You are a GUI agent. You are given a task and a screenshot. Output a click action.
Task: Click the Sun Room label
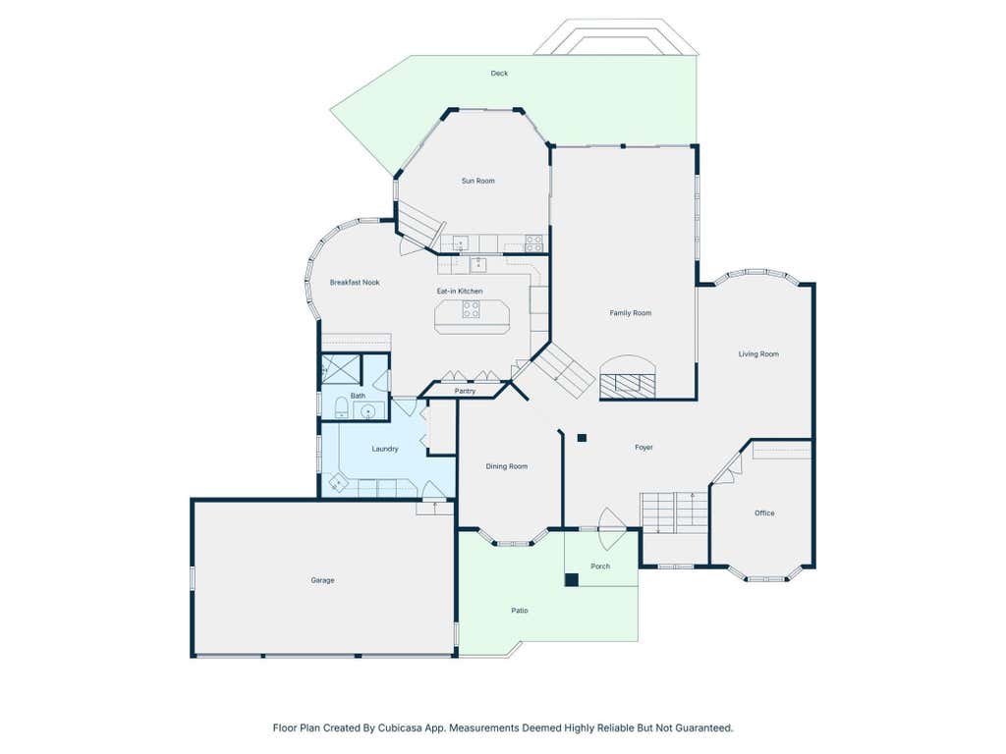click(478, 181)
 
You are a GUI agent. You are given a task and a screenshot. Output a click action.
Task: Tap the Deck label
click(499, 73)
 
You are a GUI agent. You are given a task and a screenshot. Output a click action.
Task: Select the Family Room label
click(630, 313)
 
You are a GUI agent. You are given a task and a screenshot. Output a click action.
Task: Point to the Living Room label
click(758, 353)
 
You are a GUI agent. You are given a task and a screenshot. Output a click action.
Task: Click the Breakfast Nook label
click(355, 282)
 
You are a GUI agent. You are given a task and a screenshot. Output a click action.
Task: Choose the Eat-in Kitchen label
click(460, 291)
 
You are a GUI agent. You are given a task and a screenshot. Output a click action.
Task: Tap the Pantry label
click(465, 391)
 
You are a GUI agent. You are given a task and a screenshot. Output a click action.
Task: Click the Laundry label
click(385, 449)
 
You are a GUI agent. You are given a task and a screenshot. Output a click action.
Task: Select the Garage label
click(322, 580)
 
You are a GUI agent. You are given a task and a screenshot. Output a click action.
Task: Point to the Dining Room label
click(507, 466)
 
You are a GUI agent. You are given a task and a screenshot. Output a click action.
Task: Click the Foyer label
click(643, 448)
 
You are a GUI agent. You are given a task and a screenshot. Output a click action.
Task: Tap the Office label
click(764, 512)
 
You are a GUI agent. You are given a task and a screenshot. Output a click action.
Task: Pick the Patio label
click(520, 611)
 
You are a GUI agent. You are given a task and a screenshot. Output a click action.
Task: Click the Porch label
click(600, 566)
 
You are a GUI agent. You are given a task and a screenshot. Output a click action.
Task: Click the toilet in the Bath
click(341, 407)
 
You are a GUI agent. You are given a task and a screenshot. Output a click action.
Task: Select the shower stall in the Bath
click(340, 369)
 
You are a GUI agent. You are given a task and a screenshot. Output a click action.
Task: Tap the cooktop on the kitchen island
click(471, 310)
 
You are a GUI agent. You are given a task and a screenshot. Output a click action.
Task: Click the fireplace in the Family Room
click(628, 377)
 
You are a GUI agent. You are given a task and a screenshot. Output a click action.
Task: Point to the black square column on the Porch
click(572, 580)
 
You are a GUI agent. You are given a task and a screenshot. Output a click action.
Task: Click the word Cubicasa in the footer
click(395, 727)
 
